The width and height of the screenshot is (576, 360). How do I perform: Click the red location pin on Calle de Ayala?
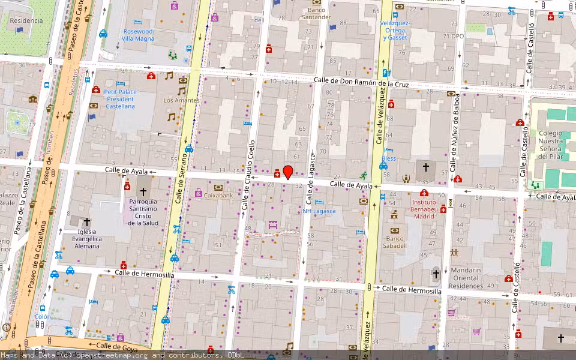288,172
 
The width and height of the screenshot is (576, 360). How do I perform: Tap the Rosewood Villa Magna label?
138,35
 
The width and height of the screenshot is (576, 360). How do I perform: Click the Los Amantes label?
181,100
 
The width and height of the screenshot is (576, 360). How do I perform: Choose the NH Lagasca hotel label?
319,211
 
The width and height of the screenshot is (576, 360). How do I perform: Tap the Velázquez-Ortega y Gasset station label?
395,30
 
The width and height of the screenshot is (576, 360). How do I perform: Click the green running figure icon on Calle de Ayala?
363,175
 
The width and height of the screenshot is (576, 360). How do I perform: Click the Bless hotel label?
389,158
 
